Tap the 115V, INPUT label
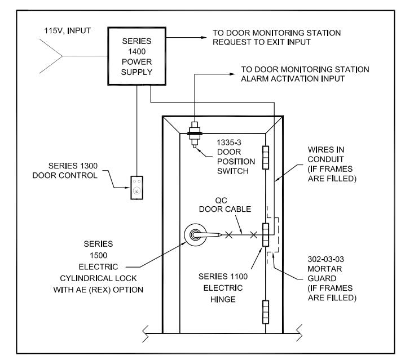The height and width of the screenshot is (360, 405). click(68, 31)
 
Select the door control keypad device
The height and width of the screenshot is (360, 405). click(137, 188)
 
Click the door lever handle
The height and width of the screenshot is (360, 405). click(207, 234)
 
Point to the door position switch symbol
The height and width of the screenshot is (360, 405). click(195, 135)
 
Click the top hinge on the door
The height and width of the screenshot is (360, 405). click(266, 157)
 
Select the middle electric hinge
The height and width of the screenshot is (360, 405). click(266, 234)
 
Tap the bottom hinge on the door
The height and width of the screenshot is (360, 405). click(266, 312)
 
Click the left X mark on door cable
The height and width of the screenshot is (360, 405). click(228, 235)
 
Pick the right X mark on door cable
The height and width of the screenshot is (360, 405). click(254, 235)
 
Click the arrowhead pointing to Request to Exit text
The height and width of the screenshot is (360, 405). click(204, 38)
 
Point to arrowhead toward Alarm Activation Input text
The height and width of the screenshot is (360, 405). click(232, 74)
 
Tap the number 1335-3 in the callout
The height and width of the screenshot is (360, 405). click(229, 142)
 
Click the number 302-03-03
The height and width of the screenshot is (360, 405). click(325, 259)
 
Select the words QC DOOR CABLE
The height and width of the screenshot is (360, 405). click(225, 205)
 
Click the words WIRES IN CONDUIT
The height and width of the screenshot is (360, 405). click(326, 154)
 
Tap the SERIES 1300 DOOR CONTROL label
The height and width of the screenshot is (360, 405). click(65, 171)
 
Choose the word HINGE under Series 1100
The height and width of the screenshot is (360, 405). click(223, 299)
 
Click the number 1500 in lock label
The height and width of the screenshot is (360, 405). click(98, 255)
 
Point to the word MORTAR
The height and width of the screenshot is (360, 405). click(325, 269)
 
